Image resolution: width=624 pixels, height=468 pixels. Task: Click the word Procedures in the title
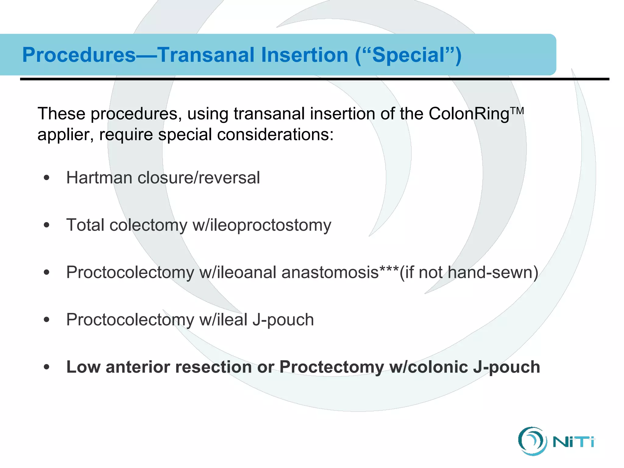(79, 55)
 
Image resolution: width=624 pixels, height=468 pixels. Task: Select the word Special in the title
(408, 55)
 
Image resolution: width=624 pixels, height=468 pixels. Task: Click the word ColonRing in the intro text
(469, 114)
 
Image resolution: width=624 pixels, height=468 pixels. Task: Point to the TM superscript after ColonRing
(517, 110)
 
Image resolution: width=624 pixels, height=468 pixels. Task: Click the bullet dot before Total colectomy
(46, 225)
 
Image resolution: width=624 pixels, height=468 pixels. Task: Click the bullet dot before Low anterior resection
(46, 367)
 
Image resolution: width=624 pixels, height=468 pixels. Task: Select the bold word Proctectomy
(331, 367)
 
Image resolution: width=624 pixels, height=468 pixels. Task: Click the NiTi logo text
(573, 442)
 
